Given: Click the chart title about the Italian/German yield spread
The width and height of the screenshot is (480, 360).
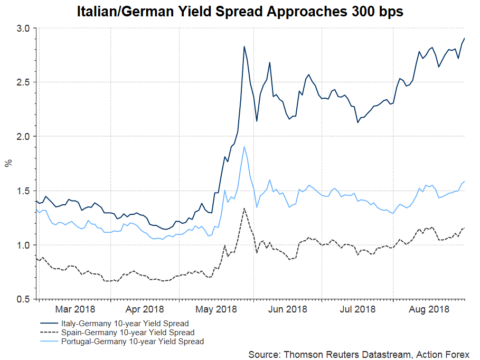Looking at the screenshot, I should [240, 12].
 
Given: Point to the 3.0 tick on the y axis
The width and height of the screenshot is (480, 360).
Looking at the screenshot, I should [24, 28].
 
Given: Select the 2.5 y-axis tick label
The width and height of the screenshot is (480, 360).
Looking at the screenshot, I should [24, 82].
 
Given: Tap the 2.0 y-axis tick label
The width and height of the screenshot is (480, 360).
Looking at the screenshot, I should [24, 137].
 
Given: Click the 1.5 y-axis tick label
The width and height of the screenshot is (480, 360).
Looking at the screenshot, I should [24, 191].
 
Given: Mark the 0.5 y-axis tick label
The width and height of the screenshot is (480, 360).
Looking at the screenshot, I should [24, 299].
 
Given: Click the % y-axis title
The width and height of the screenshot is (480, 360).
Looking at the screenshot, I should [8, 163].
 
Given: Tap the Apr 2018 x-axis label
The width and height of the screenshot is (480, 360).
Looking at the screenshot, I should [145, 309].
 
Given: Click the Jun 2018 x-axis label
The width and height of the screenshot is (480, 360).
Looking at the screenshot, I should [288, 309].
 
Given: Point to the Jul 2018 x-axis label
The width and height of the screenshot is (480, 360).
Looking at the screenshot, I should [357, 309].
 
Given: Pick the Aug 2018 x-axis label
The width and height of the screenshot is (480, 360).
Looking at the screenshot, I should [429, 309].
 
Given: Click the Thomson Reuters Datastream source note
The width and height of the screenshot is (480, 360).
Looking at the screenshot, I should [359, 353].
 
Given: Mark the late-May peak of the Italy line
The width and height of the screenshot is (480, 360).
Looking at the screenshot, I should [244, 46].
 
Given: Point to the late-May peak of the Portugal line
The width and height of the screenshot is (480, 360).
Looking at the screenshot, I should [244, 147].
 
